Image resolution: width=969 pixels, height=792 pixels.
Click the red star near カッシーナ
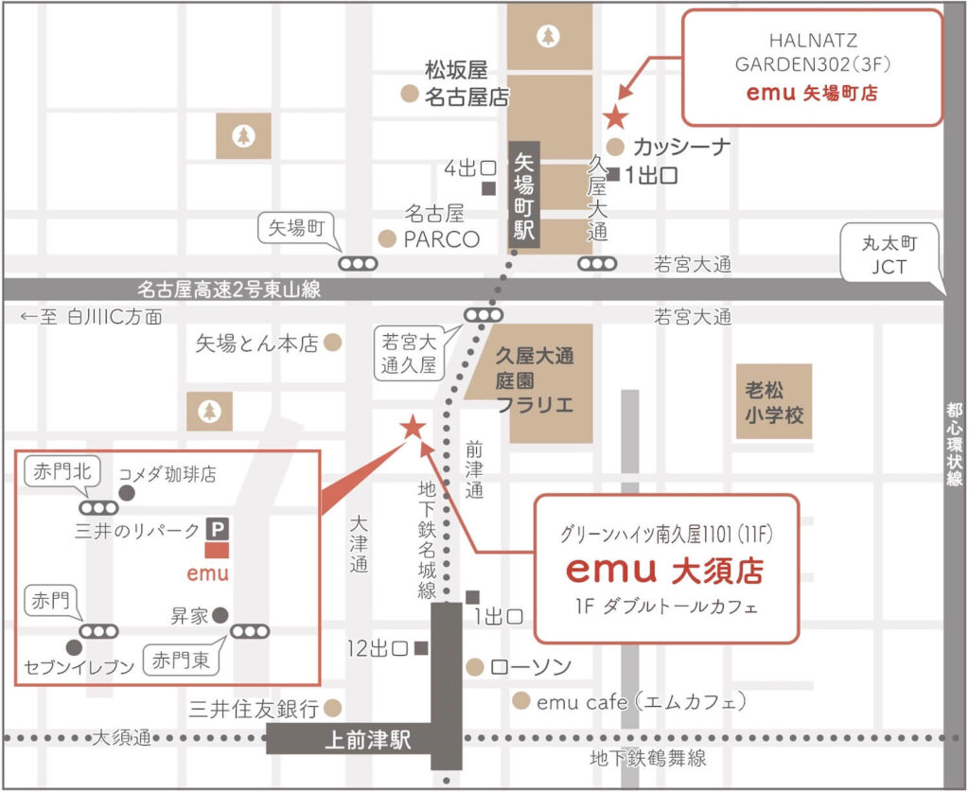pos(615,117)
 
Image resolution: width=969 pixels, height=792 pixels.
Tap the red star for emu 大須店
pos(413,428)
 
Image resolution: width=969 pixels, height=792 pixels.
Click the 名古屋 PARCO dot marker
pos(386,238)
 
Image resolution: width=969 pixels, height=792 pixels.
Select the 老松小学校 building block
pos(774,402)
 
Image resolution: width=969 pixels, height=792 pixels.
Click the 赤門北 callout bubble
pos(60,469)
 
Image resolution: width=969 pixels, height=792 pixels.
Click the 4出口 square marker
pos(488,188)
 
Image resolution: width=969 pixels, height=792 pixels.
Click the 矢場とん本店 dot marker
pos(332,343)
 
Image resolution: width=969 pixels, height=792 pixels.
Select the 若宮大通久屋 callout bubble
pos(409,352)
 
